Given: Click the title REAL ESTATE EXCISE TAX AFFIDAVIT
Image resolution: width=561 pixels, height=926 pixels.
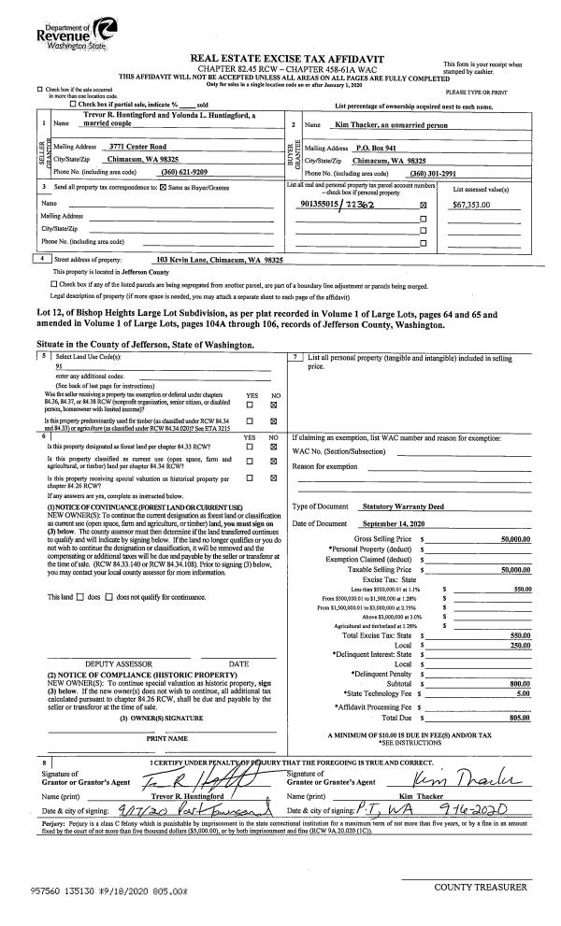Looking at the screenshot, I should [x=280, y=57].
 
